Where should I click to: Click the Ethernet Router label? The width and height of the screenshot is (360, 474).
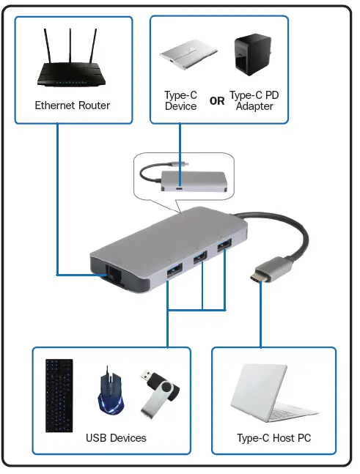(x=72, y=105)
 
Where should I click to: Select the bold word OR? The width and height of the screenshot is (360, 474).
(x=217, y=102)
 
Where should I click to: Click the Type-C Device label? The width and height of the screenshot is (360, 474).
(x=180, y=101)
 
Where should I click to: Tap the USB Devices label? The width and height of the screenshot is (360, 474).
(x=116, y=438)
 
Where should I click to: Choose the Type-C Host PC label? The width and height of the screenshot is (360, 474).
(x=274, y=439)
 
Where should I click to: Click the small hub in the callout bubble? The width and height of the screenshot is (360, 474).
(x=192, y=178)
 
